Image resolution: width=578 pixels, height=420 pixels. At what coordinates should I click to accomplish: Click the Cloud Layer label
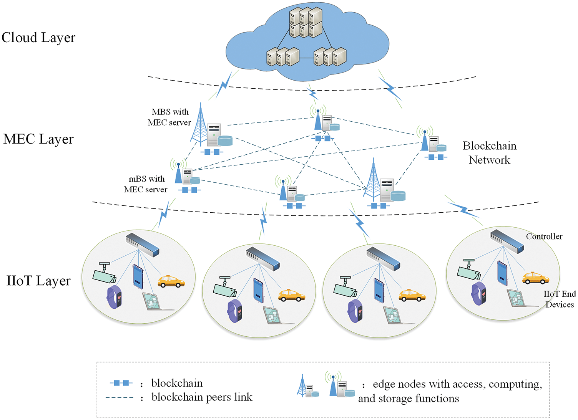point(38,38)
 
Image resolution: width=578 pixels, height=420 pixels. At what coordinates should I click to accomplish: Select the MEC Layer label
point(38,139)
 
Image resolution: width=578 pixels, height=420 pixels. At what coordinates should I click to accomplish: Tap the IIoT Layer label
point(38,281)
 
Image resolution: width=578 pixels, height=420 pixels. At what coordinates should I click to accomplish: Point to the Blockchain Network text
point(489,153)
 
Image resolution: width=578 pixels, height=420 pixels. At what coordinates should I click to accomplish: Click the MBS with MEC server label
point(169,117)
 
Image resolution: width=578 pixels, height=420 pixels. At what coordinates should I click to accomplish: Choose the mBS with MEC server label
point(146,184)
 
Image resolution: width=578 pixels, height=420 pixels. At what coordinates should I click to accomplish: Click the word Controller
point(544,236)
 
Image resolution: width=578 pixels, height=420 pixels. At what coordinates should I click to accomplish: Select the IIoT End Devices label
point(560,299)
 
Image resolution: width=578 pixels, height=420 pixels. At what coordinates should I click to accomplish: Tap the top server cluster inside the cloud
point(306,22)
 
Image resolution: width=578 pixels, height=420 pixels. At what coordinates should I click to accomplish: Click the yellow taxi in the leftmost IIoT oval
point(171,281)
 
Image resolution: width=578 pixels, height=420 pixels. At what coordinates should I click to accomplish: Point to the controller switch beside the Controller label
point(507,241)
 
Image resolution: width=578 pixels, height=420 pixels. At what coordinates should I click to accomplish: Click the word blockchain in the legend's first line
point(177,383)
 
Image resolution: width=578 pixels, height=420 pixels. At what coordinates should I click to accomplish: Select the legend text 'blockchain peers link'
point(202,397)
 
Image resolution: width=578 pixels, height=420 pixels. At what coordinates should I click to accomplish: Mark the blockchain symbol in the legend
point(121,383)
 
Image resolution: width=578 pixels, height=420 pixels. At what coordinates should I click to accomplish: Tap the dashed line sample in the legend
point(120,397)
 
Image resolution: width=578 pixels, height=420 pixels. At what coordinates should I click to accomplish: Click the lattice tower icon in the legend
point(302,385)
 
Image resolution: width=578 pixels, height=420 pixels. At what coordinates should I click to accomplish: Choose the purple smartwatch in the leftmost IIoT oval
point(115,297)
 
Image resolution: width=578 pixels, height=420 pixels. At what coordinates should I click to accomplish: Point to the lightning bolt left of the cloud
point(224,85)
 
